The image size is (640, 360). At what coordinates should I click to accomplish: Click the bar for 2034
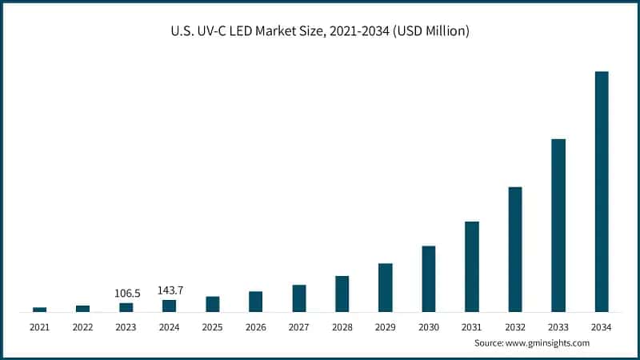(602, 191)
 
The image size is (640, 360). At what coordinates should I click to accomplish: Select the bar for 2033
(558, 225)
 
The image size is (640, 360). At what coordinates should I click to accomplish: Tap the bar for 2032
(515, 249)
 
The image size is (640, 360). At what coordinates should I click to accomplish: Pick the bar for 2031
(472, 266)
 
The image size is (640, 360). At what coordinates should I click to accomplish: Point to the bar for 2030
(429, 278)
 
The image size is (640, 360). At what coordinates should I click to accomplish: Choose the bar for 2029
(386, 287)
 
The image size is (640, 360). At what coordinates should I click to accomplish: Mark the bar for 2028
(342, 294)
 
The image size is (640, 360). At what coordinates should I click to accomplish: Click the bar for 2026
(256, 301)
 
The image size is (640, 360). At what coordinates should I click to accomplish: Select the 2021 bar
(40, 309)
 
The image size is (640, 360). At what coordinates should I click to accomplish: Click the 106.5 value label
(126, 294)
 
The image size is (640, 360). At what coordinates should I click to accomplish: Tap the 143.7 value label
(169, 290)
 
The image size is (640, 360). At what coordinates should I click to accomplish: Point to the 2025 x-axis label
(212, 327)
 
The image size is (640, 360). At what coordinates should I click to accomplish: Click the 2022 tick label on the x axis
(82, 327)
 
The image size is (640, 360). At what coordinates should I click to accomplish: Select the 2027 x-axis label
(298, 327)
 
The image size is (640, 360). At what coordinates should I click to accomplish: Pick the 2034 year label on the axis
(601, 327)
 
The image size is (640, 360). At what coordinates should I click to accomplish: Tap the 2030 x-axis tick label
(428, 327)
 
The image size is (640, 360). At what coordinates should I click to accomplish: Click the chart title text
(319, 32)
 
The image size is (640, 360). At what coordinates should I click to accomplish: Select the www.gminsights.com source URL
(547, 342)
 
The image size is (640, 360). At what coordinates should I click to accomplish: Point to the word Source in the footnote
(488, 342)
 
